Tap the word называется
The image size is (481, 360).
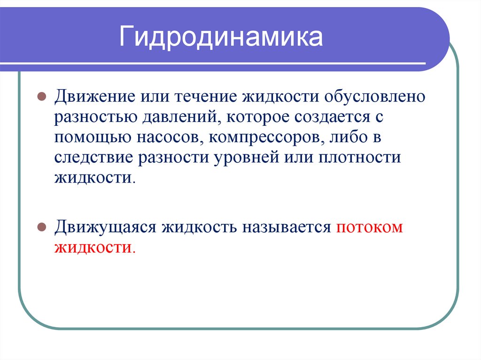tap(287, 227)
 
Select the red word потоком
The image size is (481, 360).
tap(370, 227)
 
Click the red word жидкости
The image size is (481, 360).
tap(94, 247)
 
